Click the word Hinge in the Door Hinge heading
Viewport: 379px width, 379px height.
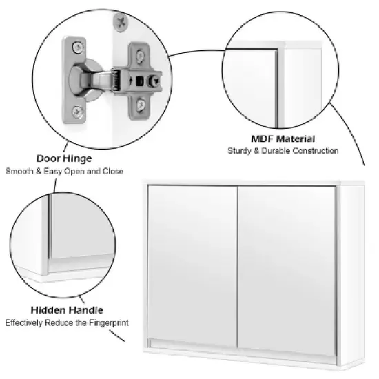tap(78, 159)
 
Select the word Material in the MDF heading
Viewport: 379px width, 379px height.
tap(296, 139)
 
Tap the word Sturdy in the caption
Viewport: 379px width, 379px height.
tap(241, 150)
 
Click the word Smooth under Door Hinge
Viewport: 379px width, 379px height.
tap(20, 171)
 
